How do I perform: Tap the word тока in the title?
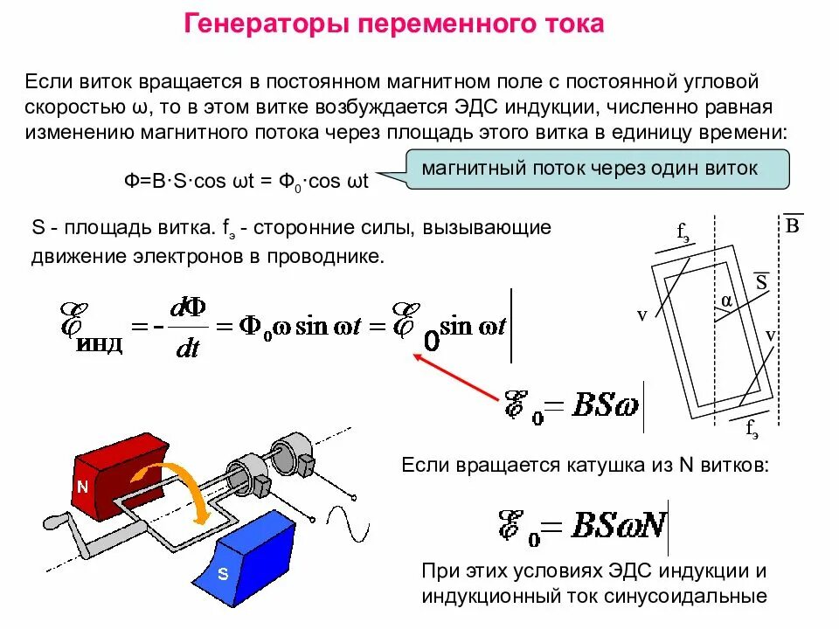572,24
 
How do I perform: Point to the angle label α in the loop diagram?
726,301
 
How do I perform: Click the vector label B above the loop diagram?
792,226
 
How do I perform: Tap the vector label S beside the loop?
760,282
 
